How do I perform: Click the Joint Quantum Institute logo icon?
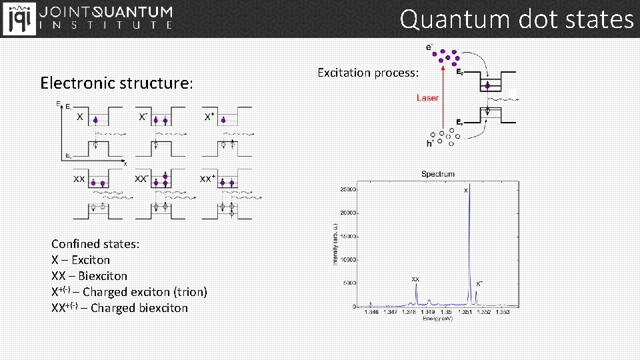(18, 18)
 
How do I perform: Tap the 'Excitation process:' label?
(368, 72)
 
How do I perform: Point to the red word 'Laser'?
(427, 98)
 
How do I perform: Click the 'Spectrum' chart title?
(438, 174)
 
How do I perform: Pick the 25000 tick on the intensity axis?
(349, 189)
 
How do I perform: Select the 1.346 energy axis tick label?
(372, 311)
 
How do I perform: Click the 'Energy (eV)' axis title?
(438, 318)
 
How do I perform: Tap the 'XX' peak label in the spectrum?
(415, 279)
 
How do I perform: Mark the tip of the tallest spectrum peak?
(470, 185)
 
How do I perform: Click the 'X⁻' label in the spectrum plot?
(479, 283)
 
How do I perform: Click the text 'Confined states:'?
(95, 244)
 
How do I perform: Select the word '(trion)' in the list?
(190, 292)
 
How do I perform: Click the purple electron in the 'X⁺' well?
(223, 120)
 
